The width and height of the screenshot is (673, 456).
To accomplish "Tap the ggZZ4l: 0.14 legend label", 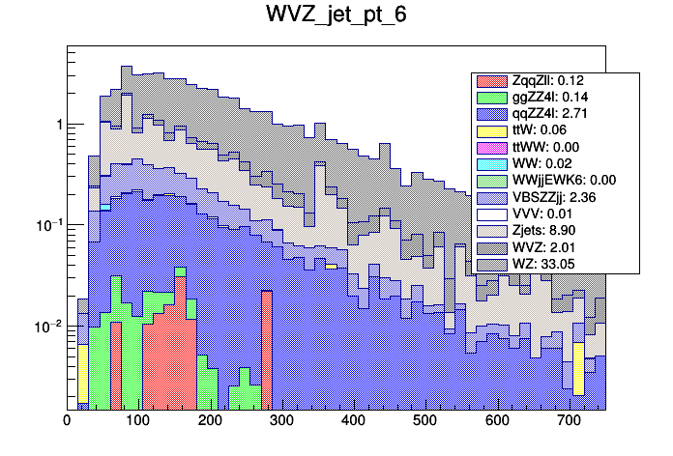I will tap(551, 98).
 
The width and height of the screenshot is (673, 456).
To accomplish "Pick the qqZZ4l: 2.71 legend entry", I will tap(551, 114).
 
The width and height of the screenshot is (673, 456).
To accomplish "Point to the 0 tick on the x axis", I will tap(67, 421).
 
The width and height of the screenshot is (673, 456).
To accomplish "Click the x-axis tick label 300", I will tap(281, 421).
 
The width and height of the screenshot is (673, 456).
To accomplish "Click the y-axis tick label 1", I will tap(59, 126).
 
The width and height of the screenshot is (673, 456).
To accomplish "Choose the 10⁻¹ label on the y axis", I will tap(49, 225).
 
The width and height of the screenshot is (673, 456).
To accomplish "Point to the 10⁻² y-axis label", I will tap(49, 327).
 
